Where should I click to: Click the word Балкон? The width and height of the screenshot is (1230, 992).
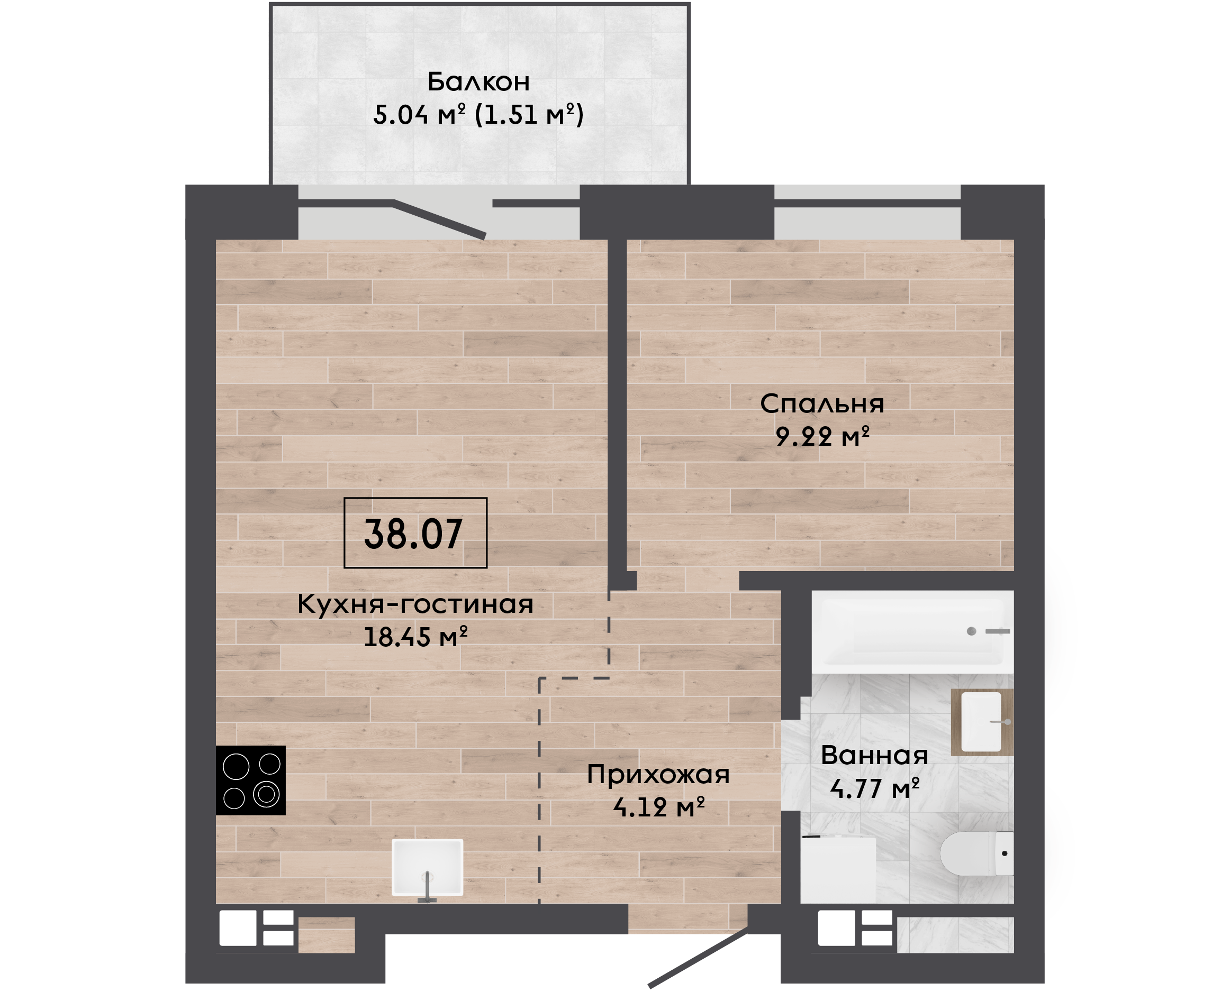[478, 82]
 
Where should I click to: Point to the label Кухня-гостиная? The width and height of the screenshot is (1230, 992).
[415, 604]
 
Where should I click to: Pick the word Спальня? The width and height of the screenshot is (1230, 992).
[822, 404]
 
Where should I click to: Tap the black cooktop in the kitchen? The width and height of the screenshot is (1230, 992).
[250, 780]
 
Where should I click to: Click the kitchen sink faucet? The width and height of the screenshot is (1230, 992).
[427, 887]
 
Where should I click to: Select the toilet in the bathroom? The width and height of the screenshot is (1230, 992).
[976, 853]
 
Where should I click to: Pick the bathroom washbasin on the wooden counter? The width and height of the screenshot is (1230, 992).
[982, 722]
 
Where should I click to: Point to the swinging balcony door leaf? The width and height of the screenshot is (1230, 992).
[439, 219]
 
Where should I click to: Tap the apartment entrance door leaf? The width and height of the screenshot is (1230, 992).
[698, 958]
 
